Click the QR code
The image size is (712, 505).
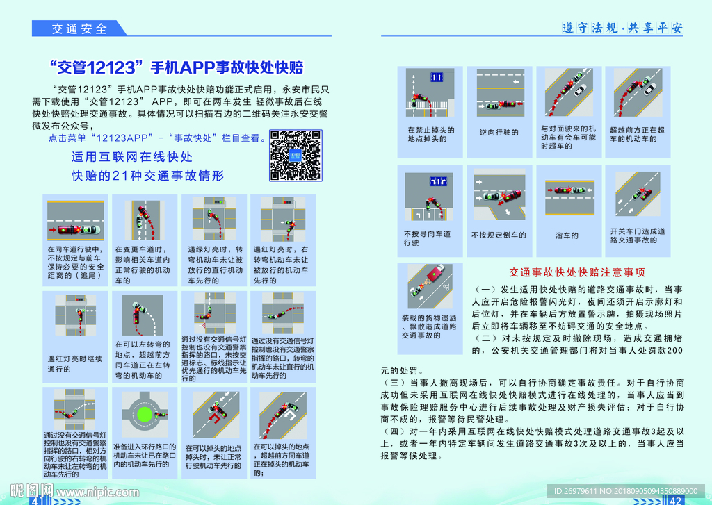[295, 155]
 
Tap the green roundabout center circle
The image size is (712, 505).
[145, 415]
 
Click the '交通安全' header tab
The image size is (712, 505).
[80, 28]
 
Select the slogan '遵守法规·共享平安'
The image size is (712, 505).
[622, 28]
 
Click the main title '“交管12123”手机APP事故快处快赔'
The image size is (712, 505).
[177, 67]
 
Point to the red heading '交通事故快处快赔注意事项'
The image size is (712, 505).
[577, 272]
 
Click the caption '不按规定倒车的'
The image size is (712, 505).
[499, 235]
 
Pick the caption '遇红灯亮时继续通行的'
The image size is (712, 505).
[69, 364]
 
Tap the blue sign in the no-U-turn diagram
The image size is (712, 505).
[437, 76]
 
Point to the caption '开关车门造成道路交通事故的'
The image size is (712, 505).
[638, 235]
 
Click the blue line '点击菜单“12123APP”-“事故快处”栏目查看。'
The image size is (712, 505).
[156, 138]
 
